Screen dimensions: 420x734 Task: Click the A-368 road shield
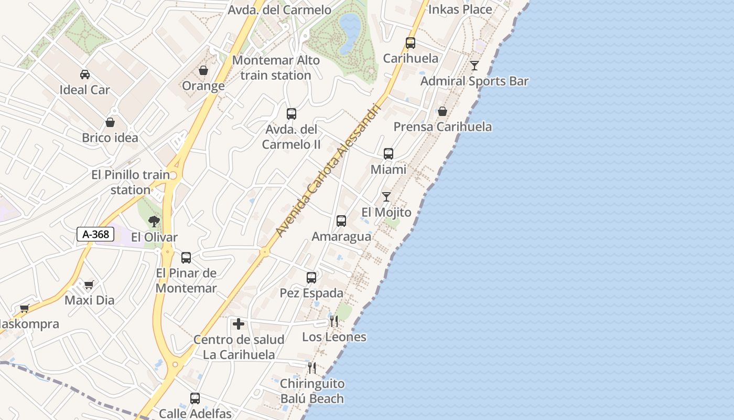click(96, 234)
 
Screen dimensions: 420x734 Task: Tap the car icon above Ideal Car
click(85, 75)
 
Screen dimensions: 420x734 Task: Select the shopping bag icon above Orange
click(203, 70)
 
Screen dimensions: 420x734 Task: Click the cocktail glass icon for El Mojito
click(386, 197)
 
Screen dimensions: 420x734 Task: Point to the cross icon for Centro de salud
click(239, 324)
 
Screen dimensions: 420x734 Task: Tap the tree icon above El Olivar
click(154, 222)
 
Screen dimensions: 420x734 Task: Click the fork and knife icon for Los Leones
click(334, 321)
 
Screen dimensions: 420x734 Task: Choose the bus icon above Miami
click(388, 154)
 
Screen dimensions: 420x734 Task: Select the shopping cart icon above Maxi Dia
click(89, 285)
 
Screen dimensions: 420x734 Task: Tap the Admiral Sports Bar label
click(474, 81)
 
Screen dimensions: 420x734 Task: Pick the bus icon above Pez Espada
click(311, 277)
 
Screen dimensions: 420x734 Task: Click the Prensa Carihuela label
click(442, 127)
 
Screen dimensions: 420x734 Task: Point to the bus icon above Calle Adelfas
click(195, 398)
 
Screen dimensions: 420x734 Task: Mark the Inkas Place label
click(460, 9)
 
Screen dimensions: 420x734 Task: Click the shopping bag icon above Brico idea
click(110, 122)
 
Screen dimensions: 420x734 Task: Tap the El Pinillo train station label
click(131, 182)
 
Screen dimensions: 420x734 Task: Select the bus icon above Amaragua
click(341, 221)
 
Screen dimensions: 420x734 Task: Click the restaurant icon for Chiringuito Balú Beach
click(312, 367)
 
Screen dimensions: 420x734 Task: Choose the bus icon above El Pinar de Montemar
click(186, 258)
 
